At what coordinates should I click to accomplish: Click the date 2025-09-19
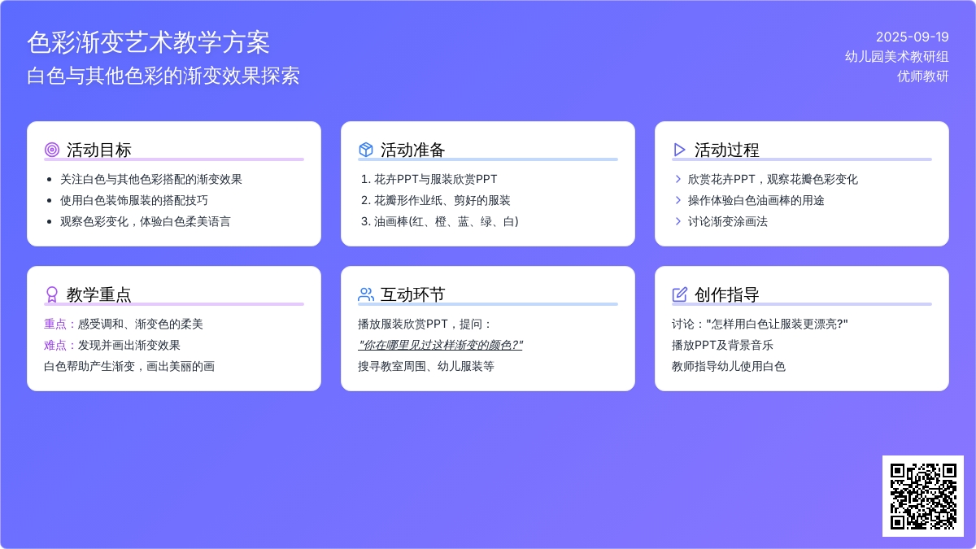click(x=912, y=37)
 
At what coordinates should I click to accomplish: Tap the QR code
click(x=923, y=496)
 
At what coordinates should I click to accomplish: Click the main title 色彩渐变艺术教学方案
click(x=149, y=42)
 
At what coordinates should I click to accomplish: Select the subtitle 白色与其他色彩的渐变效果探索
click(x=163, y=76)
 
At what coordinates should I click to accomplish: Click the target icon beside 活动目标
click(x=52, y=150)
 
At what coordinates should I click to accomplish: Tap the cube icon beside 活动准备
click(x=365, y=150)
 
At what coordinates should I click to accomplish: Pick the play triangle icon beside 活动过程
click(x=679, y=150)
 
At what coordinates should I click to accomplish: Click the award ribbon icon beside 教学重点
click(x=52, y=294)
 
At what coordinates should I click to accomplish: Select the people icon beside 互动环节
click(x=365, y=294)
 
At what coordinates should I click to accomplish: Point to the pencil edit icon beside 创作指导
click(x=679, y=294)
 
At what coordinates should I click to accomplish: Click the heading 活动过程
click(x=726, y=150)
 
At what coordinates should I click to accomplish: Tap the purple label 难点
click(x=55, y=346)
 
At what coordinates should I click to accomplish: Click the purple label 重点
click(x=55, y=325)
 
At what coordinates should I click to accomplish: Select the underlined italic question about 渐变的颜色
click(x=440, y=346)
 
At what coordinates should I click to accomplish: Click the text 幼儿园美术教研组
click(x=896, y=57)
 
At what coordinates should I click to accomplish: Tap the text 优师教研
click(x=923, y=76)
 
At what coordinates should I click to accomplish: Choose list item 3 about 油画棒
click(x=440, y=222)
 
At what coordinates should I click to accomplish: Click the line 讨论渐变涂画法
click(x=728, y=222)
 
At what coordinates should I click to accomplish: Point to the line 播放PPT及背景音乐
click(x=722, y=346)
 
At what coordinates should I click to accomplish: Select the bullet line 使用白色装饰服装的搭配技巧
click(x=133, y=200)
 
